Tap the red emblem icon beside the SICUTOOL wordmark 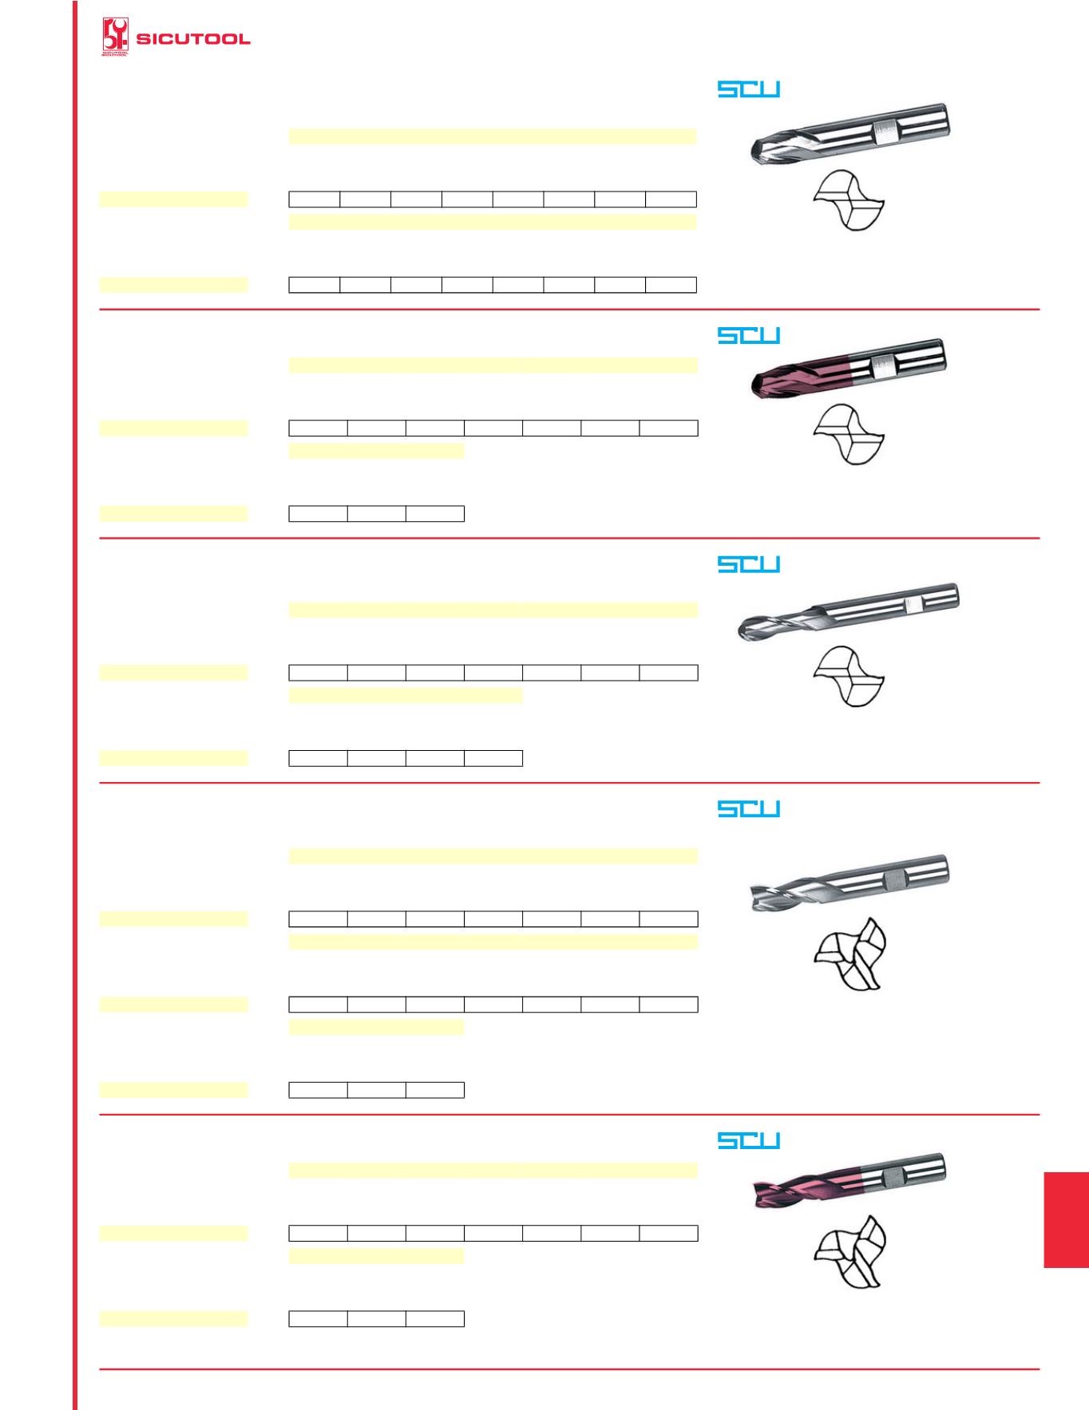pyautogui.click(x=115, y=37)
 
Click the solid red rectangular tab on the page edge pyautogui.click(x=1066, y=1219)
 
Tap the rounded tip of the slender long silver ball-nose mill pyautogui.click(x=742, y=630)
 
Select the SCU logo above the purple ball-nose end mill pyautogui.click(x=749, y=336)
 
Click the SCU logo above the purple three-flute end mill pyautogui.click(x=749, y=1140)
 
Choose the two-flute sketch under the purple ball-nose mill pyautogui.click(x=848, y=435)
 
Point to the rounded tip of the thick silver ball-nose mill pyautogui.click(x=757, y=148)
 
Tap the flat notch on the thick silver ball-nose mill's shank pyautogui.click(x=884, y=128)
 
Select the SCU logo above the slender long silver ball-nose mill pyautogui.click(x=749, y=564)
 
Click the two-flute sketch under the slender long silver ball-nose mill pyautogui.click(x=848, y=677)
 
